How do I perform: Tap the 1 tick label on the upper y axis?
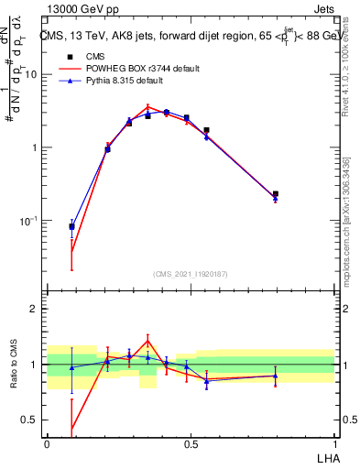(x=34, y=147)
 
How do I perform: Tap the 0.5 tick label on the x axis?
(x=191, y=443)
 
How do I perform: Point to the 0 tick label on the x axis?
(x=47, y=443)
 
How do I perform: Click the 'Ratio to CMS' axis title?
(x=13, y=365)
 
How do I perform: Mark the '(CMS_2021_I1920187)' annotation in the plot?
(x=190, y=274)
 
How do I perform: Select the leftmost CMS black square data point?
(x=71, y=226)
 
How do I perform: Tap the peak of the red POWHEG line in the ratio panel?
(x=148, y=339)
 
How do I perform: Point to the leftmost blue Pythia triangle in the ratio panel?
(x=71, y=367)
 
